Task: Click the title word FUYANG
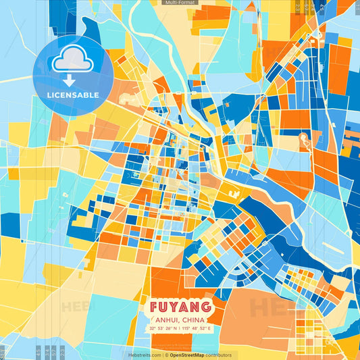[179, 307]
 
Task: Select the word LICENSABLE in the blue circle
[73, 95]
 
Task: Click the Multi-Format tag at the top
[180, 3]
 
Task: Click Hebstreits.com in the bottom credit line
[143, 355]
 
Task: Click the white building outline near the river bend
[236, 195]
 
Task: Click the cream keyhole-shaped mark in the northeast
[303, 140]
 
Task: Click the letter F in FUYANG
[153, 307]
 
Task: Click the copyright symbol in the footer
[165, 355]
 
